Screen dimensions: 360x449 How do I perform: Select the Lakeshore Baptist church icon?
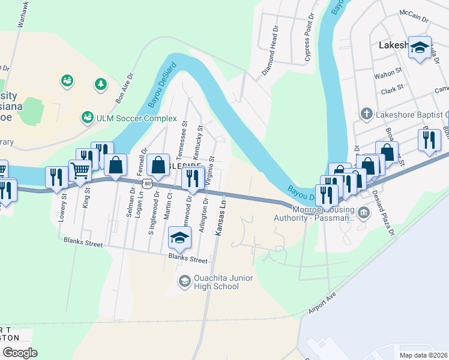coord(366,113)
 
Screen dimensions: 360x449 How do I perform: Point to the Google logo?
coord(20,352)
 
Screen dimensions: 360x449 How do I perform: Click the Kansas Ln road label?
coord(221,218)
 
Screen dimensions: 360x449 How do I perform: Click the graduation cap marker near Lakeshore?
coord(420,47)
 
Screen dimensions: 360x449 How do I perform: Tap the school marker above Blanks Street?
coord(179,237)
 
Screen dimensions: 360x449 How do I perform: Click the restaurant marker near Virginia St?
coord(193,177)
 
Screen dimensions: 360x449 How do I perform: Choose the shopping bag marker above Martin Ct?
coord(158,164)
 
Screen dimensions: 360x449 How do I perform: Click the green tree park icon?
coord(100,84)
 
